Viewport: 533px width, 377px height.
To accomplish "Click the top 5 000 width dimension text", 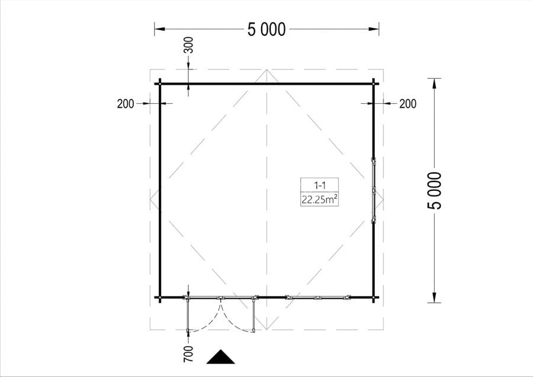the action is pos(266,30).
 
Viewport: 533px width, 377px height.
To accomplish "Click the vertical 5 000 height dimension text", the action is pos(435,190).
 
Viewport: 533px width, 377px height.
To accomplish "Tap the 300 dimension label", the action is pos(188,45).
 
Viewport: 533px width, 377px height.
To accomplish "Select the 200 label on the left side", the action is pos(126,104).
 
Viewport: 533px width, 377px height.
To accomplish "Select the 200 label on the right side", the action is pos(407,104).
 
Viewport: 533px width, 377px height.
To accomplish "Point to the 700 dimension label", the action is pos(188,354).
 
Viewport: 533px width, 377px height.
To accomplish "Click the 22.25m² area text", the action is pos(320,200).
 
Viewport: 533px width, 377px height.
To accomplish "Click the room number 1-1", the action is pos(320,186).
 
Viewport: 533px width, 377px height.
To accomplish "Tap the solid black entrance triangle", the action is pos(221,358).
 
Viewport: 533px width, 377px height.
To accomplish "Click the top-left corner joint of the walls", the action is pos(160,84).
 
